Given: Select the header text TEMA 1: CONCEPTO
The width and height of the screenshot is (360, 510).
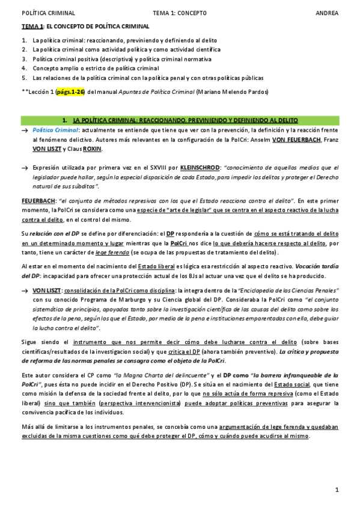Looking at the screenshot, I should [180, 12].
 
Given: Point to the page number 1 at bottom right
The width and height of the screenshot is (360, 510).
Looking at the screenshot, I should [337, 490].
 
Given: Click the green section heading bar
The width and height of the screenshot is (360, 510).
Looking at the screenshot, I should [180, 121].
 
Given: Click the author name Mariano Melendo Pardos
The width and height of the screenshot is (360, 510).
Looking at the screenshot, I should [234, 92].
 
